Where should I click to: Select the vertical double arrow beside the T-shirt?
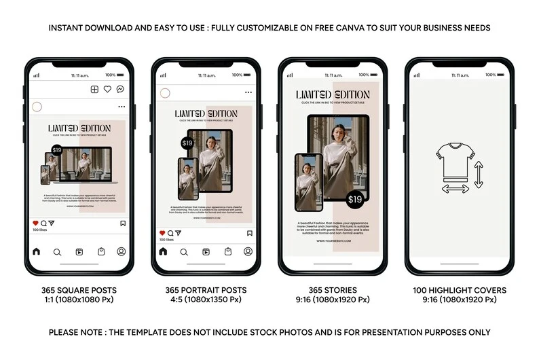pos(479,175)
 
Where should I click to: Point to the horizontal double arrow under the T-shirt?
pos(455,189)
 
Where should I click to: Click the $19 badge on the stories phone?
pos(355,199)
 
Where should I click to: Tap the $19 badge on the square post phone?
pos(57,149)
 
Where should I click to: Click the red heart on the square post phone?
pos(36,223)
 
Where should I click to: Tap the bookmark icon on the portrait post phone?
pos(249,233)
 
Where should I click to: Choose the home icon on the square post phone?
pos(36,251)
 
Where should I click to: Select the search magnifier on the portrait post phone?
pos(185,251)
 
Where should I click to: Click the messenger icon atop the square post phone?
pos(120,89)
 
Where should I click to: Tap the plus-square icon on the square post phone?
pos(94,89)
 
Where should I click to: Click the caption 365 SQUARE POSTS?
pos(79,291)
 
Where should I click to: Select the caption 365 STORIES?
pos(332,291)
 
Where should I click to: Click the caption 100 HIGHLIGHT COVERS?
pos(460,291)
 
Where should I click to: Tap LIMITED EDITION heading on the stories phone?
pos(333,94)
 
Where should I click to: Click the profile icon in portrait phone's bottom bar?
pos(248,251)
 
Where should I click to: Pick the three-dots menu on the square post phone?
pos(122,107)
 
